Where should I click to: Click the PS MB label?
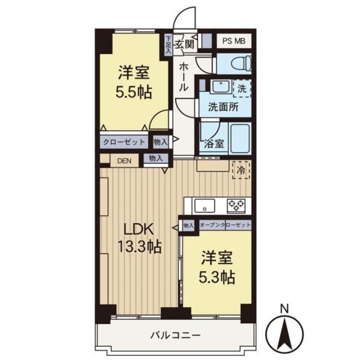click(234, 41)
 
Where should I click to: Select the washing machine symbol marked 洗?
click(242, 88)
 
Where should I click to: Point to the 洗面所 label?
click(223, 107)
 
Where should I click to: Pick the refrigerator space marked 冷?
click(241, 169)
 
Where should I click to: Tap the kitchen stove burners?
click(236, 205)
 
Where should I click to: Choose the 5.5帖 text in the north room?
click(134, 91)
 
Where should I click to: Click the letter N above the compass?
click(285, 308)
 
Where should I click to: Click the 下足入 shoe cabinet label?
click(168, 45)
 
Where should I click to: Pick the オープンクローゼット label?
click(225, 225)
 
